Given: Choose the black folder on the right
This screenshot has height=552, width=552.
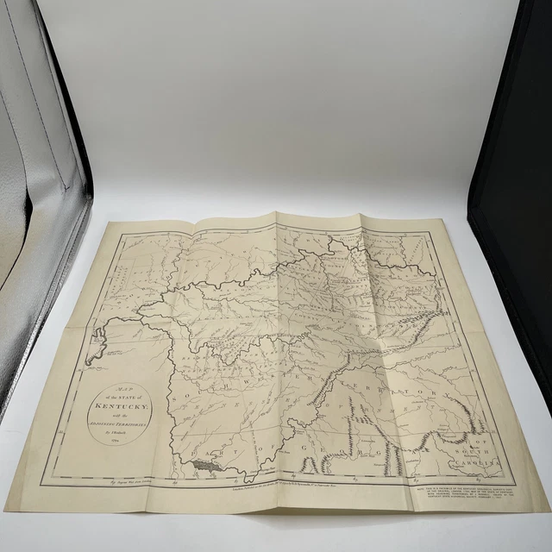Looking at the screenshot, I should pos(513,172).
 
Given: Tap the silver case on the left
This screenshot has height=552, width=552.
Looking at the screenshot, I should pos(34,216).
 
